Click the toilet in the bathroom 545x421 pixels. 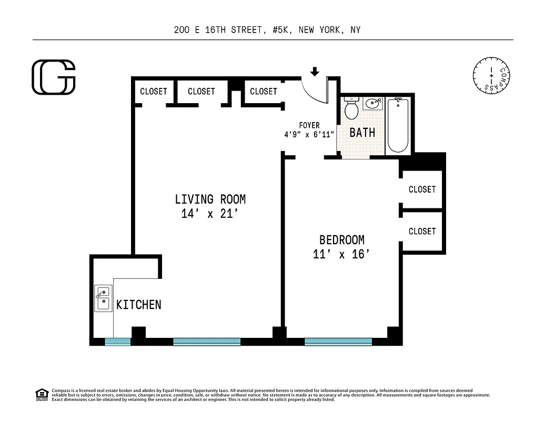[351, 109]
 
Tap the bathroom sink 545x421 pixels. [373, 103]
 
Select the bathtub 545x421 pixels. [398, 125]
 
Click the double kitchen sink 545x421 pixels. [103, 298]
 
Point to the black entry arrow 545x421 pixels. [315, 71]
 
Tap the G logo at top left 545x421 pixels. [54, 77]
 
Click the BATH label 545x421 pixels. [362, 132]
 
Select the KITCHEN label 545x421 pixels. [138, 305]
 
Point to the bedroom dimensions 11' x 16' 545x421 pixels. [341, 255]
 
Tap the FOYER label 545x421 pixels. [309, 125]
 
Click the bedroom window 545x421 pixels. [338, 342]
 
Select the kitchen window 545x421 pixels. [117, 342]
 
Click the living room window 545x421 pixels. [207, 342]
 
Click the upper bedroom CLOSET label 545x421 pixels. [422, 189]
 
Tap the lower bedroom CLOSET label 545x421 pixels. [422, 231]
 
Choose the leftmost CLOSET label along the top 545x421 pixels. [153, 92]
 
